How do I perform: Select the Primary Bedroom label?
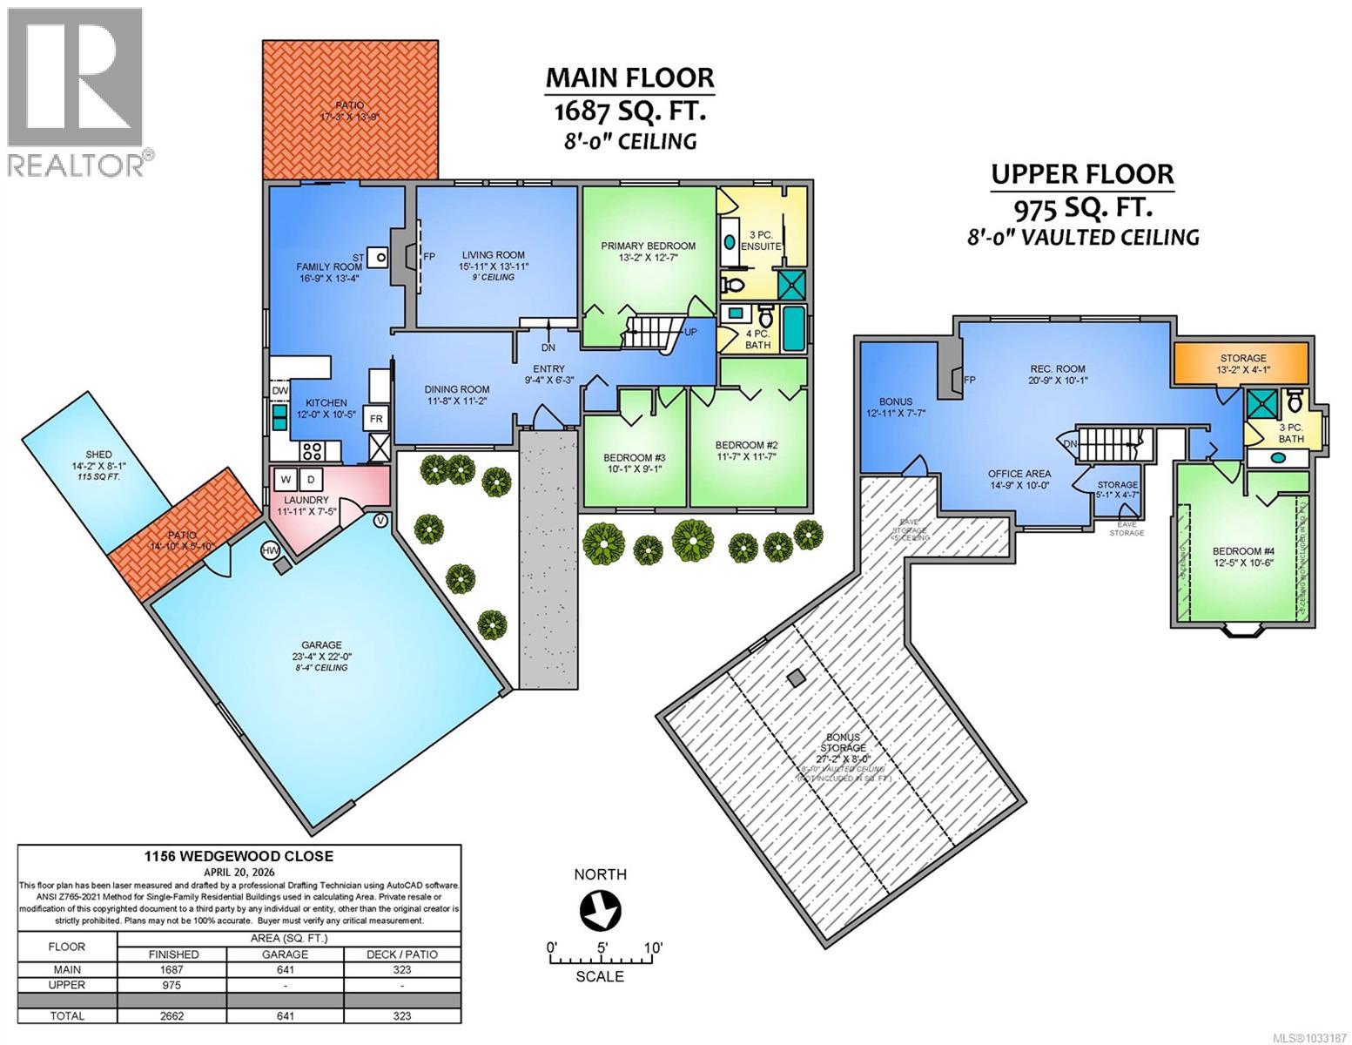click(x=648, y=246)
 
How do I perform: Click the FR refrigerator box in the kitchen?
click(x=377, y=418)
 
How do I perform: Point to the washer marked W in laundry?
click(x=286, y=479)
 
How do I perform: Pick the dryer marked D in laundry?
click(x=312, y=479)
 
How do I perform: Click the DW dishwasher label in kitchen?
click(x=279, y=392)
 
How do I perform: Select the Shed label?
click(x=99, y=455)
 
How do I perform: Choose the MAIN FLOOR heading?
click(x=629, y=78)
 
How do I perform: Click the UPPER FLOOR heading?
click(x=1082, y=173)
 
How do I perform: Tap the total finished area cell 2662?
click(x=172, y=1015)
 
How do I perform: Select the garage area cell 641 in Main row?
click(x=285, y=969)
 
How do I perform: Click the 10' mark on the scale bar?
click(x=653, y=947)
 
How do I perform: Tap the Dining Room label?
click(x=456, y=389)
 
